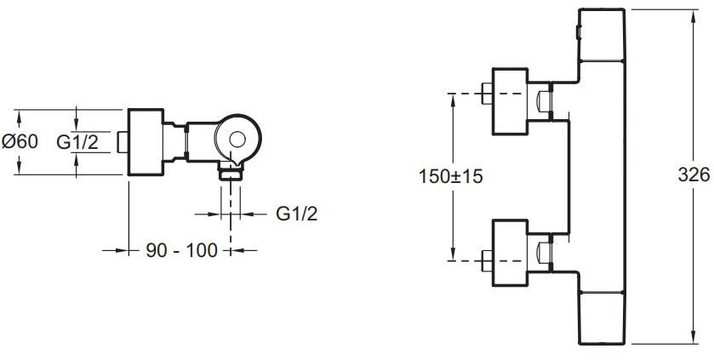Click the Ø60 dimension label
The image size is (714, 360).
click(x=20, y=142)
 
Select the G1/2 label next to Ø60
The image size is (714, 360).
click(x=77, y=142)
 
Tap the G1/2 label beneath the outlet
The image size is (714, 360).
click(x=297, y=213)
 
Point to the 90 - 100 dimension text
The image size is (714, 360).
click(x=180, y=250)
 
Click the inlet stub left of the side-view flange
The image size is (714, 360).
click(x=123, y=142)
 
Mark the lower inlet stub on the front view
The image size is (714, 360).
click(x=486, y=258)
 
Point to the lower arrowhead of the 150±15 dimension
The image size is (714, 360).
click(x=452, y=254)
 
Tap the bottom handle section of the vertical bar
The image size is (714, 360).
click(x=603, y=315)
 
